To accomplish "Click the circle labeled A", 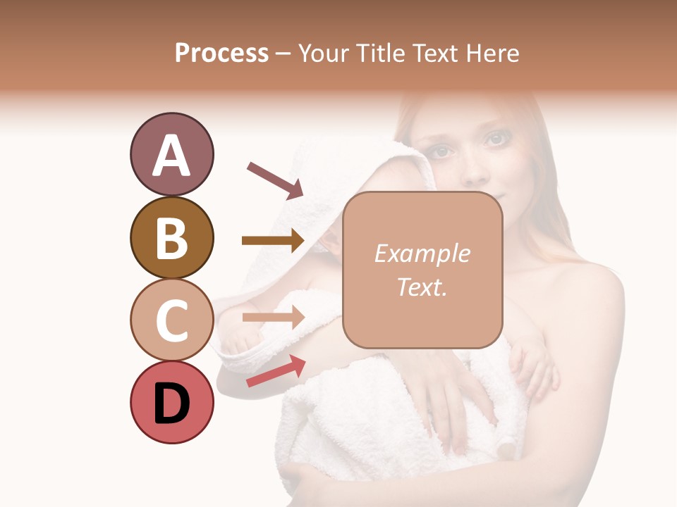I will [171, 154].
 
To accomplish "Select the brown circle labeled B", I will [171, 238].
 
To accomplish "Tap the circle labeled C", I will [171, 320].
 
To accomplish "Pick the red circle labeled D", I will [171, 402].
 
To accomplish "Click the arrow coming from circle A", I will [274, 180].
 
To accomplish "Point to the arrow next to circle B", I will [272, 241].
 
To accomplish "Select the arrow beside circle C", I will [272, 318].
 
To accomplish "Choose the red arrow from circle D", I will [276, 371].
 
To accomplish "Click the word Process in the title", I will [221, 54].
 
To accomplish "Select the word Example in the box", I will [422, 254].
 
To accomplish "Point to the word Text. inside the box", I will [422, 287].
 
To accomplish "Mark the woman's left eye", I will [496, 139].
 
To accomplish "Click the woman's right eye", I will [442, 151].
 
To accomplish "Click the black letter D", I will [171, 403].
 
